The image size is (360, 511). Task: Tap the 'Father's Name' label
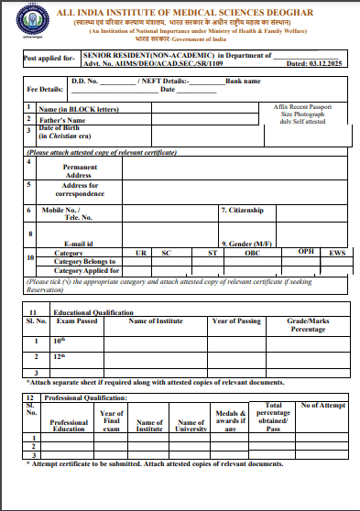coord(62,120)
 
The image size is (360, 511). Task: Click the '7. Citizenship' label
coord(243,210)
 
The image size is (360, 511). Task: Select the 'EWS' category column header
coord(338,253)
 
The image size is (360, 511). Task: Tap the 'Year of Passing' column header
coord(237,321)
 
